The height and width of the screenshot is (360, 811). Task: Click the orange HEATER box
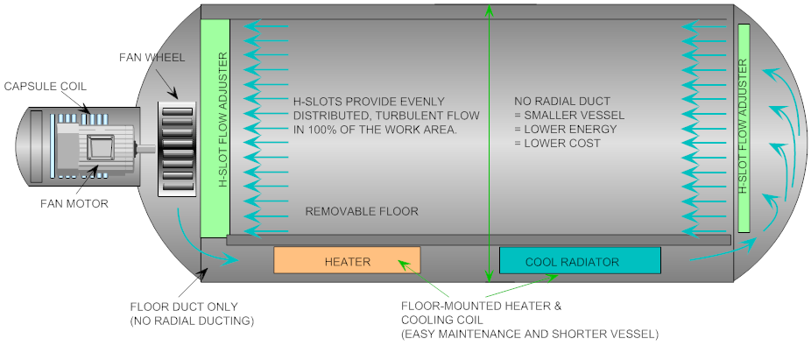(347, 261)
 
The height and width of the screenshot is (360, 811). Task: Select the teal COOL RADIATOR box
(580, 261)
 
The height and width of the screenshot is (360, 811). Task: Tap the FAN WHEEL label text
(152, 58)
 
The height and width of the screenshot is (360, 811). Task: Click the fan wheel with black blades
(179, 149)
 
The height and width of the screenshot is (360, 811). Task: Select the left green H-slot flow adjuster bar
(215, 127)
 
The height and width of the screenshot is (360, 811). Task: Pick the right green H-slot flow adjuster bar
(744, 127)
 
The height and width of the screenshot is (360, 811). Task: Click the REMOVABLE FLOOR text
(361, 211)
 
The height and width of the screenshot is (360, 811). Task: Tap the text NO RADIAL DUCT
(561, 101)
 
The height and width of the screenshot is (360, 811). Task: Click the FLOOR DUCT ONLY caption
(183, 307)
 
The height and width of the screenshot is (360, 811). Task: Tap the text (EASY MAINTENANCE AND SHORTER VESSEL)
(529, 334)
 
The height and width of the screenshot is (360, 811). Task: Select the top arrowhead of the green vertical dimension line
(488, 11)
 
